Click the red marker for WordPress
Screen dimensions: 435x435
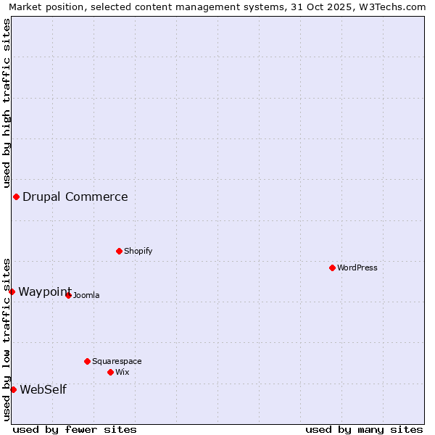[332, 268]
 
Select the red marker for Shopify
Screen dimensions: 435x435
[119, 251]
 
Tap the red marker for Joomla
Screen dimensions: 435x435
[68, 295]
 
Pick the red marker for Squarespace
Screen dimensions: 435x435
[87, 361]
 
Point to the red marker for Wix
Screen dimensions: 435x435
[110, 372]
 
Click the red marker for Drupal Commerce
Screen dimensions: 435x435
[16, 196]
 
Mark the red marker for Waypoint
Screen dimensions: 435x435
[12, 291]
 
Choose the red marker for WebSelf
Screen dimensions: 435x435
[13, 389]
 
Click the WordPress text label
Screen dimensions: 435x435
[357, 268]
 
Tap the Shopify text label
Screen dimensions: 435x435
[138, 251]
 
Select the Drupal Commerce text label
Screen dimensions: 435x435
[75, 196]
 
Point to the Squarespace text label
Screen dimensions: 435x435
[117, 361]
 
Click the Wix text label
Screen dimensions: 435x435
[122, 372]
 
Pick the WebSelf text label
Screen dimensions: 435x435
[43, 389]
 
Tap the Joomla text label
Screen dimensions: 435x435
[86, 295]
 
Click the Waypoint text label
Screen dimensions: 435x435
[45, 291]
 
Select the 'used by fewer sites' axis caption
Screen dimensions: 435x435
[75, 429]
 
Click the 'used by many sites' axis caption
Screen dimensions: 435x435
[364, 429]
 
